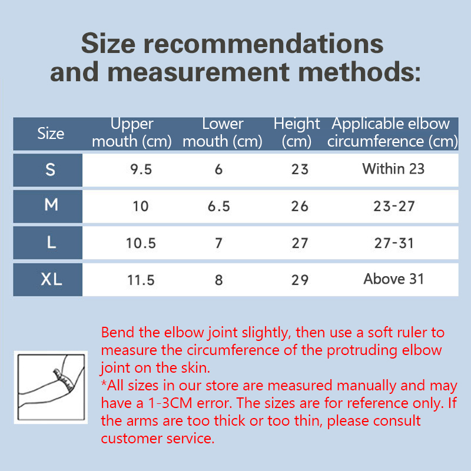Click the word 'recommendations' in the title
point(263,44)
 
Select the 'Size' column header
point(51,134)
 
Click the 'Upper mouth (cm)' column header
point(131,132)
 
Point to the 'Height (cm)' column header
point(297,132)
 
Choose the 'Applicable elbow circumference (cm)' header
point(392,132)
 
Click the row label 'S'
point(50,170)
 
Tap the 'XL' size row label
point(51,279)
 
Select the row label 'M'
point(51,205)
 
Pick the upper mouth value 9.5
point(141,170)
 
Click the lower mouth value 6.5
point(218,207)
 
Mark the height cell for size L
point(300,243)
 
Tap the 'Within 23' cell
point(393,168)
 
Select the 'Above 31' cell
point(393,278)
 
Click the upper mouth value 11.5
point(141,280)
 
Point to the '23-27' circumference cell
point(394,207)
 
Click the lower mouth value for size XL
point(218,280)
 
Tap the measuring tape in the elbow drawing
point(64,380)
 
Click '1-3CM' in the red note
point(170,403)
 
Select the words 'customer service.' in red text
point(158,438)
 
